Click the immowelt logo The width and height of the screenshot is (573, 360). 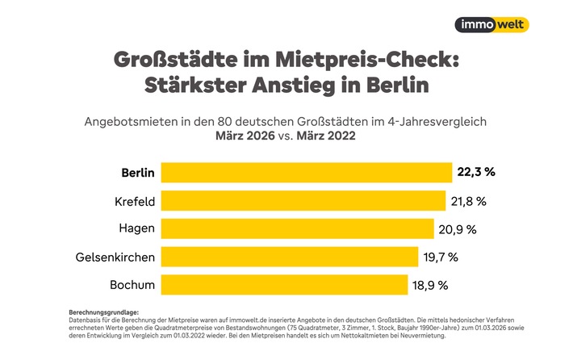491,24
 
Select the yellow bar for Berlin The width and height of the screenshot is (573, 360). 306,173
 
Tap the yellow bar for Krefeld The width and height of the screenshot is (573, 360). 303,200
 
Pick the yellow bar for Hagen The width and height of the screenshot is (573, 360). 298,228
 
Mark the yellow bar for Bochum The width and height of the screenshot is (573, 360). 284,284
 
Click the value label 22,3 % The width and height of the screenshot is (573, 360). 475,173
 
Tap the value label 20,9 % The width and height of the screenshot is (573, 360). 458,228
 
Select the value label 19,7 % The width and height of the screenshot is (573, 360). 441,257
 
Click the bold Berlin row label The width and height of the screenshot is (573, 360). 137,173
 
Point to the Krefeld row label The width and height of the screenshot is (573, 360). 134,200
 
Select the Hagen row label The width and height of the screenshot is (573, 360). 137,228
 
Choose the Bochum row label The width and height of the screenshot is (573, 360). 132,284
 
